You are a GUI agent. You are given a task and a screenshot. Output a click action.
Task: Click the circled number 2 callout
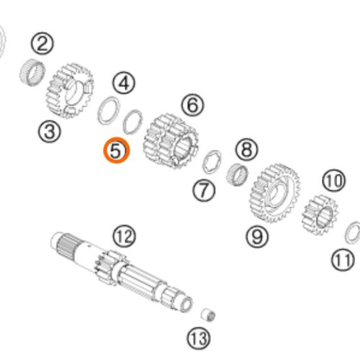coord(42,44)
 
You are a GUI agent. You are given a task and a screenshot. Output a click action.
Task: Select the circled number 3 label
coord(50,131)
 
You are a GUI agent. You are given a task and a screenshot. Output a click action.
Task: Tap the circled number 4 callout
coord(124,84)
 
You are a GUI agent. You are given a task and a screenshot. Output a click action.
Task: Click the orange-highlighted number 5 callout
coord(117,150)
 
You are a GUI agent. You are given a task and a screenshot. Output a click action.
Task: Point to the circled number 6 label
coord(193,105)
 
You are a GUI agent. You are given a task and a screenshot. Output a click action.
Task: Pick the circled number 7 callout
coord(204,190)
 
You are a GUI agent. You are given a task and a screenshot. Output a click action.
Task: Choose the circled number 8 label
coord(247,149)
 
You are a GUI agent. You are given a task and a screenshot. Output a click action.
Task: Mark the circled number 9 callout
coord(257,237)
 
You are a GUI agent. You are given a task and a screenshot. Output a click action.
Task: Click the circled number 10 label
coord(334,181)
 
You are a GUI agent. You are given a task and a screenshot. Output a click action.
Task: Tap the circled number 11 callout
coord(343,260)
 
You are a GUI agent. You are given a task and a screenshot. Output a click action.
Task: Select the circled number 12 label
coord(124,236)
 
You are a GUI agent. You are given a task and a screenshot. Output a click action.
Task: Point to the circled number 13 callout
coord(199,338)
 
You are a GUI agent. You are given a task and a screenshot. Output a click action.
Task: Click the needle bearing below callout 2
coord(32,72)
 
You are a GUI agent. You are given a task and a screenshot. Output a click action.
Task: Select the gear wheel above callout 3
coord(70,91)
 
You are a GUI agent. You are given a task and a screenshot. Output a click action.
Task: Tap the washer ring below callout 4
coord(108,110)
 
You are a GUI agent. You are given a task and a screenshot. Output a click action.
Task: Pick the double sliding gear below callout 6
coord(171,141)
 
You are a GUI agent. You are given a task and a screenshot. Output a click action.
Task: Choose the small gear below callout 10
coord(320,215)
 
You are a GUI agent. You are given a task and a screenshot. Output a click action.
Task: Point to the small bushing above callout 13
coord(208,315)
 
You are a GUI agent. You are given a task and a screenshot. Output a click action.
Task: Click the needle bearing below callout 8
coord(237,174)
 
